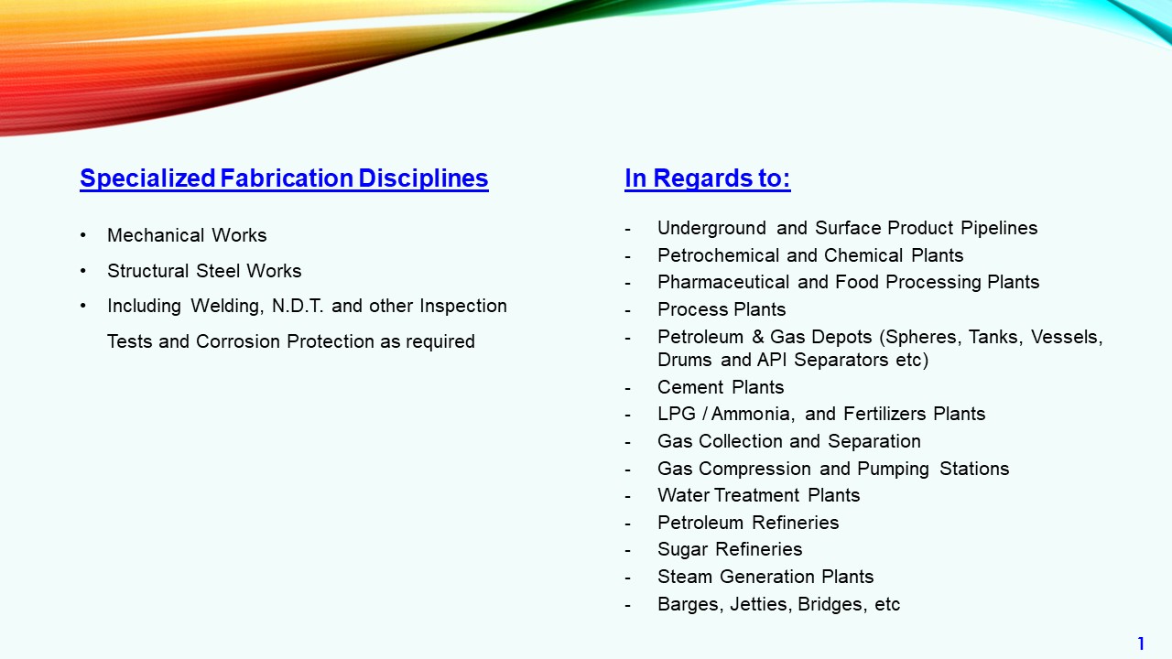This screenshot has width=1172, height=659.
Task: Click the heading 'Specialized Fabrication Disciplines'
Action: [x=284, y=178]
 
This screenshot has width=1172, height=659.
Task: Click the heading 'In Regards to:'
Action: [x=708, y=178]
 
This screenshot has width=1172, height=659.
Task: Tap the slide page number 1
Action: [x=1141, y=643]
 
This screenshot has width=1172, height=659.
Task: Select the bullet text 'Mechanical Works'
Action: [x=187, y=235]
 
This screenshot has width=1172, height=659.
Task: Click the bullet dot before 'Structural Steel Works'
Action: [x=83, y=271]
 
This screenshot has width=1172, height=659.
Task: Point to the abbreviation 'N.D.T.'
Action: [x=298, y=306]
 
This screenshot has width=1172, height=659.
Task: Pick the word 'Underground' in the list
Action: [x=711, y=229]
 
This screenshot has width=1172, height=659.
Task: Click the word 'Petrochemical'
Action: [x=719, y=255]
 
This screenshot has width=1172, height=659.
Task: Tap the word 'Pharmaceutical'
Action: [x=723, y=283]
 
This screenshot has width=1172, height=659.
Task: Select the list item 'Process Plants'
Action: [x=722, y=309]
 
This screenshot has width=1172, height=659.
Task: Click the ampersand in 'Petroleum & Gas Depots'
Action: [x=757, y=337]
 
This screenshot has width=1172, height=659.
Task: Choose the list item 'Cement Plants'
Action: [x=721, y=387]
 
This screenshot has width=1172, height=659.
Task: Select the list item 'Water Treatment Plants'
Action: [x=759, y=495]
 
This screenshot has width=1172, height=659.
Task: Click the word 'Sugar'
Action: [x=682, y=550]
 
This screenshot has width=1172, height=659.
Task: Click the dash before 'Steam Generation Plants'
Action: [x=627, y=578]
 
